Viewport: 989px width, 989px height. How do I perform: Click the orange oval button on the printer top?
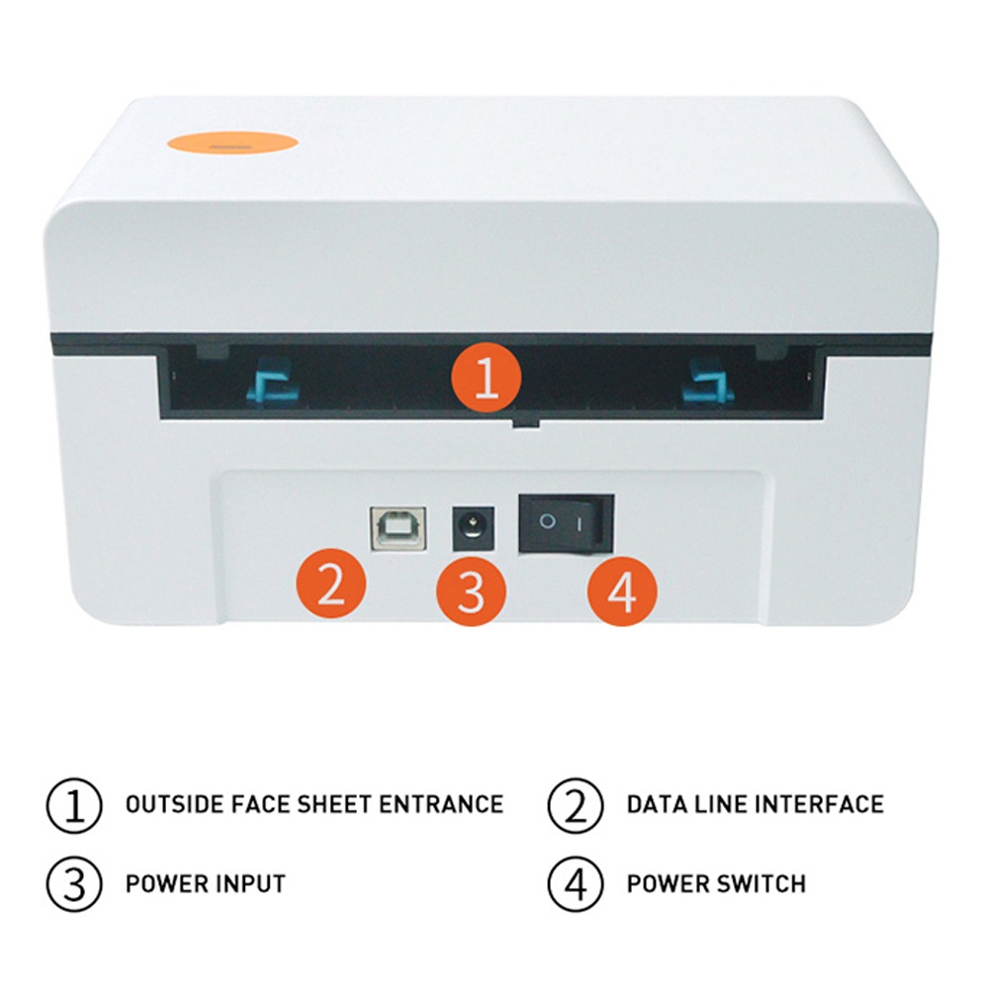click(232, 142)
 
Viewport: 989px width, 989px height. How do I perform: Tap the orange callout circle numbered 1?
click(487, 379)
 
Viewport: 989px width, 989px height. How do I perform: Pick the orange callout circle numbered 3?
click(471, 591)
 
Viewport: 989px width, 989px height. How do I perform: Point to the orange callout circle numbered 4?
click(622, 591)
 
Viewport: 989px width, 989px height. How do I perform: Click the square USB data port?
click(398, 528)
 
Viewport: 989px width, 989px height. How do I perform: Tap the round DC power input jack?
click(473, 528)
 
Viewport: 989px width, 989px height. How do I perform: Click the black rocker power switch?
click(566, 523)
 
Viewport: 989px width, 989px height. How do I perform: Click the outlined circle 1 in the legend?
click(74, 805)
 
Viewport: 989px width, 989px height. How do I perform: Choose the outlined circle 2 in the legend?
click(576, 805)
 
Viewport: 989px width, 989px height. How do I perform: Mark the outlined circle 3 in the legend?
click(74, 884)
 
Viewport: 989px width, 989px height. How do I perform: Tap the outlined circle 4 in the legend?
click(576, 884)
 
